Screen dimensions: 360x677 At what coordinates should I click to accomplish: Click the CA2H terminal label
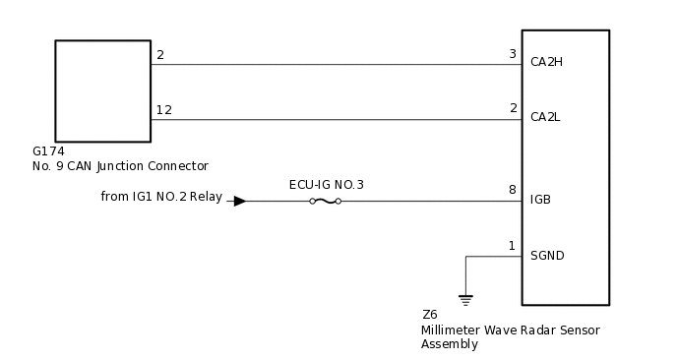(x=546, y=62)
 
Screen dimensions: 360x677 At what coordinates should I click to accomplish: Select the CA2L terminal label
(x=545, y=117)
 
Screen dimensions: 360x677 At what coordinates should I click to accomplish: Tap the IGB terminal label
(x=540, y=200)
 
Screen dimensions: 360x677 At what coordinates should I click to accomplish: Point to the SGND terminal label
(x=547, y=255)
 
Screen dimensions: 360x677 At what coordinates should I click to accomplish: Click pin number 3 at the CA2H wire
(x=513, y=54)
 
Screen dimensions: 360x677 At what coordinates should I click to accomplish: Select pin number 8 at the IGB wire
(x=513, y=190)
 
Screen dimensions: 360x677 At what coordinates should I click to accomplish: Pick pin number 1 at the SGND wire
(x=513, y=245)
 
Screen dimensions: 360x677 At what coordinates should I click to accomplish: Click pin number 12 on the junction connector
(x=163, y=109)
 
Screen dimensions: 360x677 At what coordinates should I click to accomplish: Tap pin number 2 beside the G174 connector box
(x=159, y=54)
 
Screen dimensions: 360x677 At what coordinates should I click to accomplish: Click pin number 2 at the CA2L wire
(x=513, y=108)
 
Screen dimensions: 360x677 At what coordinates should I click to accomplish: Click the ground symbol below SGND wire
(x=465, y=298)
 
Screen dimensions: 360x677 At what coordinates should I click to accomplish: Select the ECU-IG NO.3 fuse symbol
(x=325, y=201)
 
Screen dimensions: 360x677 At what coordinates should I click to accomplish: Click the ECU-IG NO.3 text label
(x=326, y=185)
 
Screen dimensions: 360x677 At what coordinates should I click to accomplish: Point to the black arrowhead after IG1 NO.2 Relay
(x=239, y=201)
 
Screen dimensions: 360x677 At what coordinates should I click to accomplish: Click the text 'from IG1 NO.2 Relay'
(x=161, y=197)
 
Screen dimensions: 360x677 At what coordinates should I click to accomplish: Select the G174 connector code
(x=47, y=151)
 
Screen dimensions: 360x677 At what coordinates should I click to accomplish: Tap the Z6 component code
(x=429, y=315)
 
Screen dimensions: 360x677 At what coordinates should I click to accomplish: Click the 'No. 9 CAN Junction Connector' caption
(x=120, y=166)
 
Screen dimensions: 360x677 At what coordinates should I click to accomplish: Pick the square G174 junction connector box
(x=102, y=90)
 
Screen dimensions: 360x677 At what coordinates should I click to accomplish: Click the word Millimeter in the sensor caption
(x=453, y=330)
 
